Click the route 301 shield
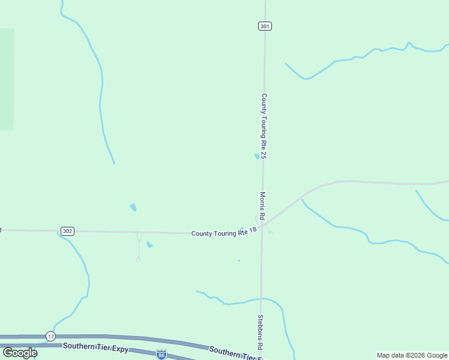[265, 26]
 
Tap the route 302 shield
[67, 231]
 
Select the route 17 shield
[50, 336]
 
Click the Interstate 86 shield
[161, 355]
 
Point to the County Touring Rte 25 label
[264, 125]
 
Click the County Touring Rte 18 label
[224, 232]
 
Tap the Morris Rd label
[262, 205]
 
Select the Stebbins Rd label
[261, 332]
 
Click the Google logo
[20, 353]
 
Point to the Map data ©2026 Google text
[412, 355]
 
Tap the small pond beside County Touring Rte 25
[257, 157]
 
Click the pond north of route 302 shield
[133, 208]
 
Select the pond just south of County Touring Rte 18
[149, 245]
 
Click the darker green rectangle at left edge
[7, 79]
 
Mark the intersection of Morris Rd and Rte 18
[262, 226]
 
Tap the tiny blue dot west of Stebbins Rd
[239, 260]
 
